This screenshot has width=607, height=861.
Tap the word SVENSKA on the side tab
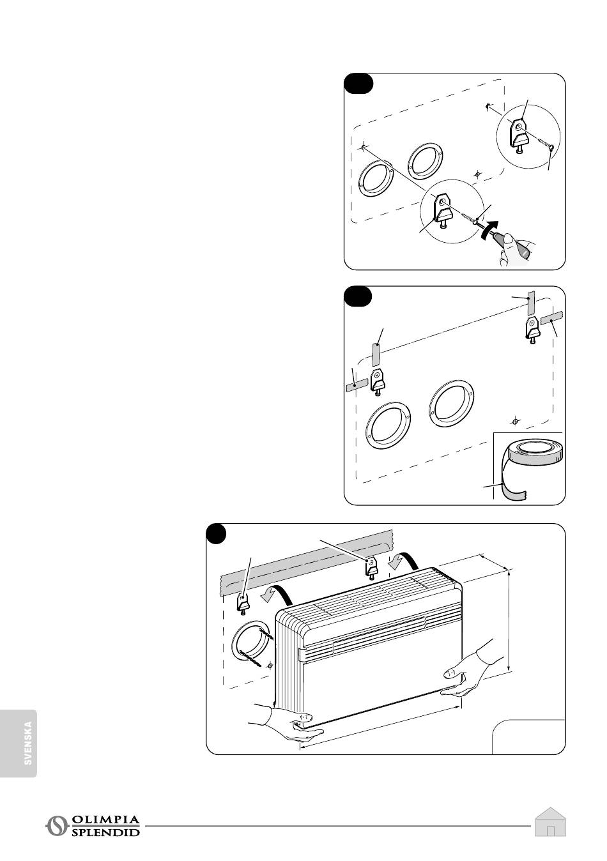point(27,743)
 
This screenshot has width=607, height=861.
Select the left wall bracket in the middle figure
point(378,381)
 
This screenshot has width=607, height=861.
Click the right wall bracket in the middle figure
point(533,330)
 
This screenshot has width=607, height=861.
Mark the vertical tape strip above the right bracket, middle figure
point(530,305)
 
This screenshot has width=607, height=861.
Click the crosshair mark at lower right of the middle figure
point(515,422)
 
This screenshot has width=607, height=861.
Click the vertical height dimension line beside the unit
point(509,620)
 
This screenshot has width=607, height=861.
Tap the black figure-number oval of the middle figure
point(358,296)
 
